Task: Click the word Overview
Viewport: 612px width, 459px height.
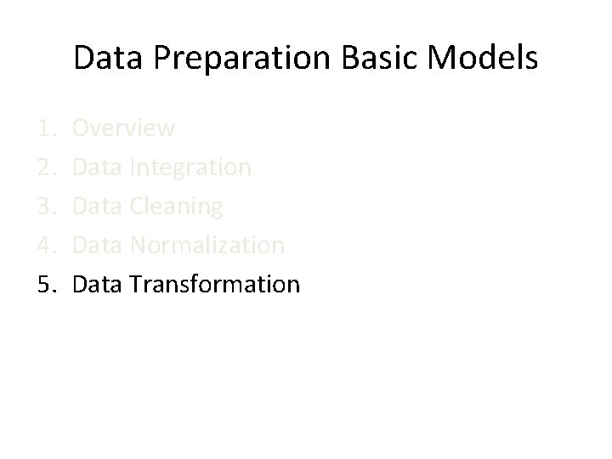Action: (x=124, y=128)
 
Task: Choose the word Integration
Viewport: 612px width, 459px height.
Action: (x=191, y=167)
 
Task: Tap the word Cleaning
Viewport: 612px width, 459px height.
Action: (x=178, y=207)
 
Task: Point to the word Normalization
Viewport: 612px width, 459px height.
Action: (x=207, y=246)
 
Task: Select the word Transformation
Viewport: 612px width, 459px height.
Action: (x=215, y=284)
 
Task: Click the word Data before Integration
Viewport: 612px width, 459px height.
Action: (x=98, y=167)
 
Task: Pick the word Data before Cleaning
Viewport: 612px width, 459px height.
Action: (x=98, y=207)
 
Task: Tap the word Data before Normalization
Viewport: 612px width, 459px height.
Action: (x=98, y=246)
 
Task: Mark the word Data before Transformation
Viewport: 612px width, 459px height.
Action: (x=98, y=284)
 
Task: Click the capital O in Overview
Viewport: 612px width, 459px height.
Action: (x=82, y=128)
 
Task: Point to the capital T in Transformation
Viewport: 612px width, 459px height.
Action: (x=136, y=284)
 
